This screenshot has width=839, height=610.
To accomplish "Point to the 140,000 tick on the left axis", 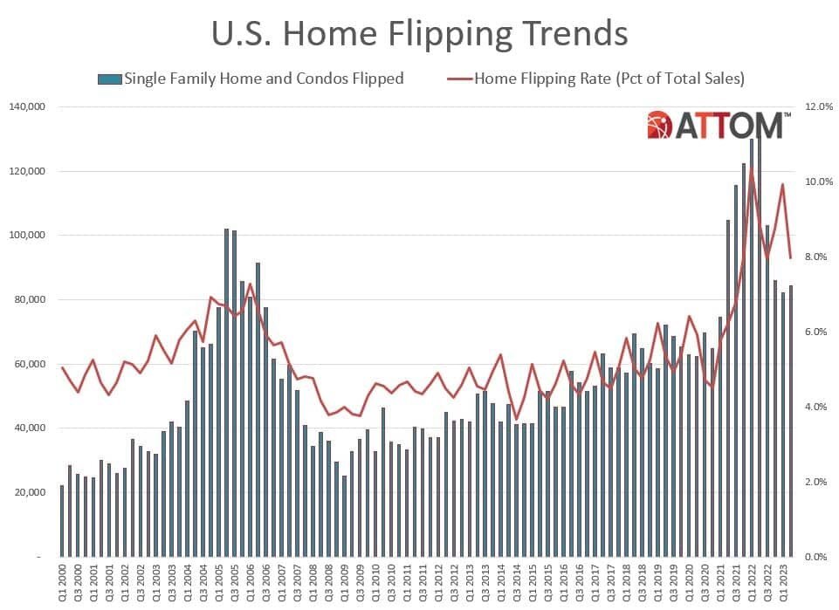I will pyautogui.click(x=29, y=106).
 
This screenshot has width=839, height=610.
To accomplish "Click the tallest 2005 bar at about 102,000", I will pyautogui.click(x=226, y=393).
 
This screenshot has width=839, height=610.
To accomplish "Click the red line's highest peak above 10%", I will pyautogui.click(x=752, y=168).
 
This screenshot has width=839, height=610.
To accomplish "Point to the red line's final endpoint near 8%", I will pyautogui.click(x=791, y=258).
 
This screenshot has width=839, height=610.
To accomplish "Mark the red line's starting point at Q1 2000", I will pyautogui.click(x=62, y=367).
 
